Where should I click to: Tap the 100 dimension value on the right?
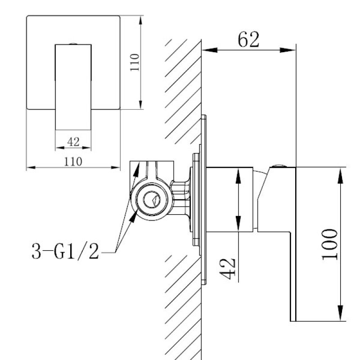331,244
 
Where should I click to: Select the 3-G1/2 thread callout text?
65,252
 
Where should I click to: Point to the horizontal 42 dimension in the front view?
73,142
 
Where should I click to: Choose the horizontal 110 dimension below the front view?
73,162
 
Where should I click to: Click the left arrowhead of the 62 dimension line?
207,50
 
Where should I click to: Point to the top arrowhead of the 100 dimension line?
341,172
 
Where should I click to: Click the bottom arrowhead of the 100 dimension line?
341,316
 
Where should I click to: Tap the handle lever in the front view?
73,85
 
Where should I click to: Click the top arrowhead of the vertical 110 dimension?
141,21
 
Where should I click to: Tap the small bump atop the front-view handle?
73,44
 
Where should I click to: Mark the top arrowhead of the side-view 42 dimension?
237,171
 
